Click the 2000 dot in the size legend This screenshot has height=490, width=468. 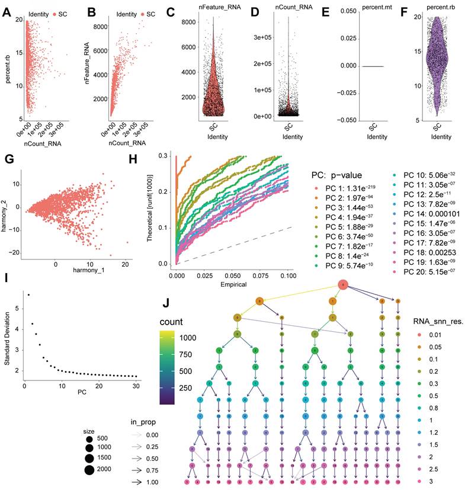point(91,470)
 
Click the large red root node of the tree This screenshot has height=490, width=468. point(343,286)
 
